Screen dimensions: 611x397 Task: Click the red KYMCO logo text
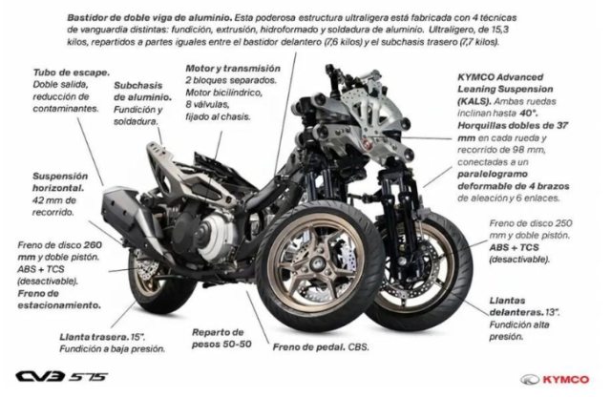pos(565,379)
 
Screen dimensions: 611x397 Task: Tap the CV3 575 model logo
pos(61,377)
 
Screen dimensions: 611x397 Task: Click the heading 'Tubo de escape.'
pos(72,73)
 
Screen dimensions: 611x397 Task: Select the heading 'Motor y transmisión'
pos(233,69)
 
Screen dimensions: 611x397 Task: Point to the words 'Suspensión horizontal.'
pos(60,182)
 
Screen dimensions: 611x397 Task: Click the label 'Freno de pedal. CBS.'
pos(321,346)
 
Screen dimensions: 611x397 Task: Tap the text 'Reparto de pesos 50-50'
pos(221,338)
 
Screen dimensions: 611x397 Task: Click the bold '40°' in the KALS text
pos(528,114)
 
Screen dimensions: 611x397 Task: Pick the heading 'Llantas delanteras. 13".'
pos(524,306)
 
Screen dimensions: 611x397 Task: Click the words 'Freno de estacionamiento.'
pos(59,300)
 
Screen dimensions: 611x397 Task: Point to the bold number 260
pos(93,245)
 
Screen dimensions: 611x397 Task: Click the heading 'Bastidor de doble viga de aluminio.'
pos(150,17)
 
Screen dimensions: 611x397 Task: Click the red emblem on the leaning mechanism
pos(366,144)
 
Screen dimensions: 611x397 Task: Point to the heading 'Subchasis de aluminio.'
pos(142,92)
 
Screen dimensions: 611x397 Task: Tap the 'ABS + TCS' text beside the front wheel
pos(514,247)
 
